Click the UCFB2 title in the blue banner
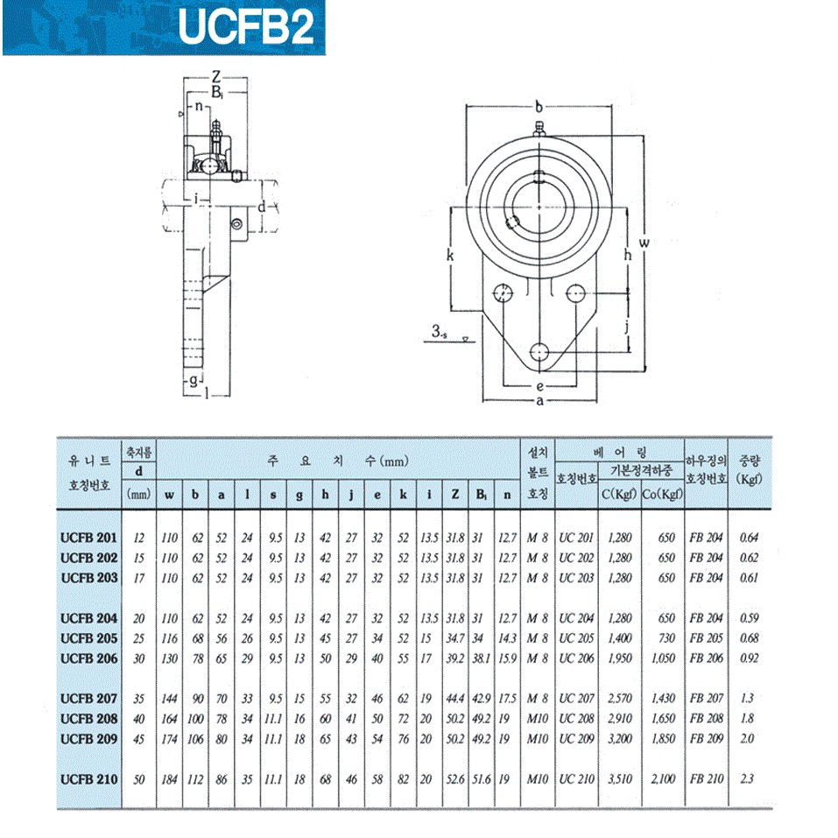[x=246, y=27]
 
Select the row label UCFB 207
[x=88, y=699]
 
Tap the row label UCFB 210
[x=88, y=779]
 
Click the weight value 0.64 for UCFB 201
[x=749, y=538]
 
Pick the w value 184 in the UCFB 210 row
[x=169, y=779]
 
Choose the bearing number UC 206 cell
[x=576, y=658]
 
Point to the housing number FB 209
[x=706, y=738]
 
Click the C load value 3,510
[x=620, y=779]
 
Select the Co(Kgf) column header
[x=663, y=495]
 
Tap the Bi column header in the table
[x=482, y=495]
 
